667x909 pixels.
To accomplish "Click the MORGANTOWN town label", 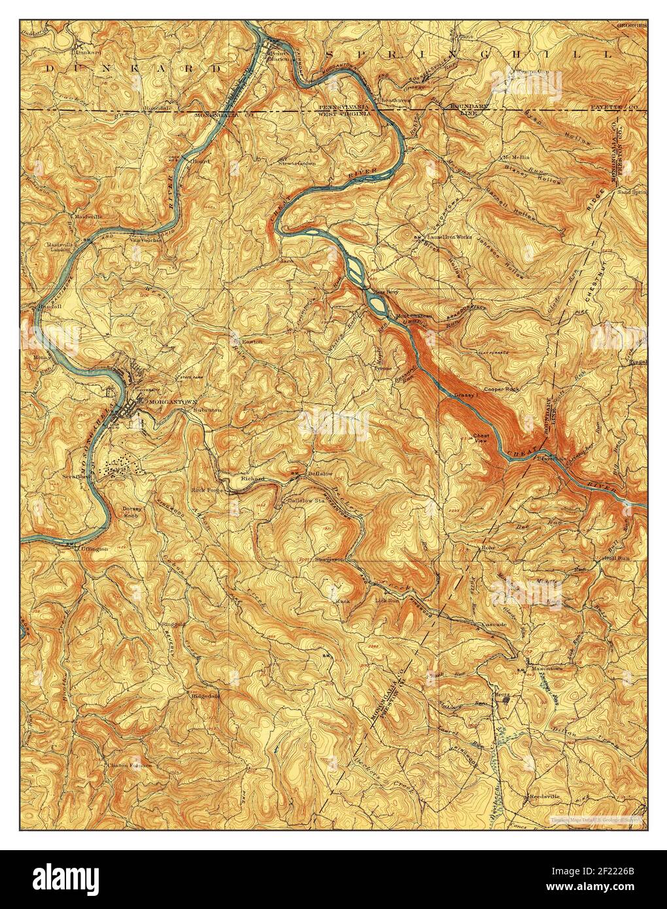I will (172, 400).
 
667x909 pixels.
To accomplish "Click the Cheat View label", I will (481, 439).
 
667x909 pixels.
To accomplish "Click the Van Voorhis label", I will (147, 239).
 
